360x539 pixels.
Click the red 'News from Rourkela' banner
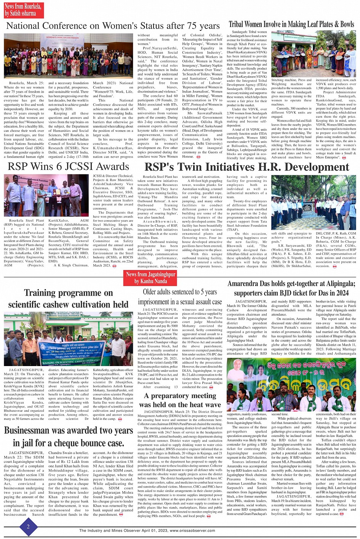point(23,10)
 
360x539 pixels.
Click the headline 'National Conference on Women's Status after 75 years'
point(113,26)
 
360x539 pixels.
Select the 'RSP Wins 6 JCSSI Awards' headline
point(69,166)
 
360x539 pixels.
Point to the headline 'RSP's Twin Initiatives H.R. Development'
point(246,167)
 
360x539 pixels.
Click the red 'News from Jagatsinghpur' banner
point(150,278)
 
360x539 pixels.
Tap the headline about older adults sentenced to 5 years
point(180,296)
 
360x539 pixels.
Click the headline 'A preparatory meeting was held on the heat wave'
point(180,400)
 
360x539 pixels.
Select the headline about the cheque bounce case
point(69,437)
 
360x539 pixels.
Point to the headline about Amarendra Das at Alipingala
point(291,288)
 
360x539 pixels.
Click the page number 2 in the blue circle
point(28,527)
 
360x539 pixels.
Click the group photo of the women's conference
point(69,56)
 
